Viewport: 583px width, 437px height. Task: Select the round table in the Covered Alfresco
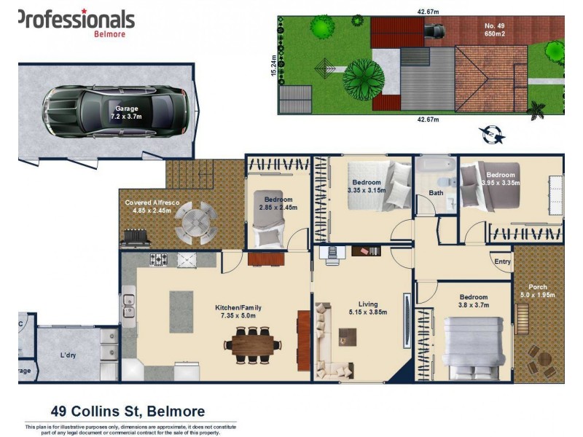click(195, 223)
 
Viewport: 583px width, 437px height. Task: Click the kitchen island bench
click(181, 313)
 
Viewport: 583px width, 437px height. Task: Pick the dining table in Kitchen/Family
click(249, 341)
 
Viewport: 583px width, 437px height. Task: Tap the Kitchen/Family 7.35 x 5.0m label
click(238, 312)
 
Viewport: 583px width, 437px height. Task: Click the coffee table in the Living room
click(348, 336)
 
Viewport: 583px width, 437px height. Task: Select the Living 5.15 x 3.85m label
click(363, 308)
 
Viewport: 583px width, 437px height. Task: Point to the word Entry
click(503, 261)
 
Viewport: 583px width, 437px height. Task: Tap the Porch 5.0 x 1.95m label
click(537, 291)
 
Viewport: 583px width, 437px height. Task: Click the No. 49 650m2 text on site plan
click(494, 31)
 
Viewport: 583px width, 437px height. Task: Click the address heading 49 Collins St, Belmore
click(127, 412)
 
